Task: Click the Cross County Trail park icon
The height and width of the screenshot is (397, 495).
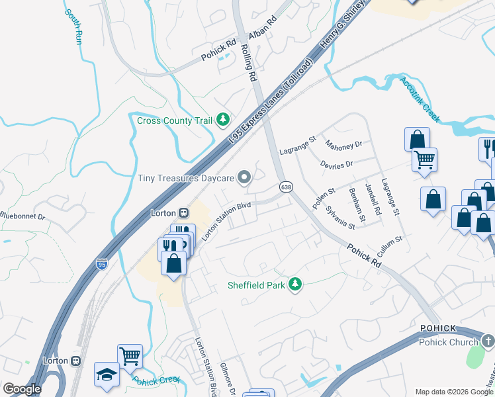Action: pos(224,120)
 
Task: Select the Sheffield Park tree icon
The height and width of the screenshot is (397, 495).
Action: pos(295,285)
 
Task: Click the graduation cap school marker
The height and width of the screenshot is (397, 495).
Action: pos(106,375)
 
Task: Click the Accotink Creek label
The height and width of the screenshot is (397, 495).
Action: pos(420,99)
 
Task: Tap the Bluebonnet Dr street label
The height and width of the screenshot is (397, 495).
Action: pos(22,216)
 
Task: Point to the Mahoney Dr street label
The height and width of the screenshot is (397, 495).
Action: pos(343,144)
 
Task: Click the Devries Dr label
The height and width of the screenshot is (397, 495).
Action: pos(336,163)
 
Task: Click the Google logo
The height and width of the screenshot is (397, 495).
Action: pos(22,389)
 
